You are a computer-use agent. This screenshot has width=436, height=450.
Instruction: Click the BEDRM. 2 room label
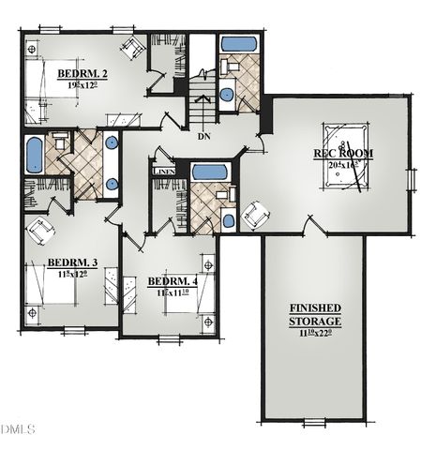(82, 72)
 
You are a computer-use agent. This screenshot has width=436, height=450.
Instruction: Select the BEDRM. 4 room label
(173, 281)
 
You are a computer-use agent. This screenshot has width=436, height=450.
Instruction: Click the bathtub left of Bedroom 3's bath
(34, 155)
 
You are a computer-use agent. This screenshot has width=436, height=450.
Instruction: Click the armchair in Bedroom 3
(40, 229)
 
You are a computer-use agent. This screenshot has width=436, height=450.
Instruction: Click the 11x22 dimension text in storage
(315, 334)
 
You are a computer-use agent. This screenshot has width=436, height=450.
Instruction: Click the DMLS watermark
(17, 429)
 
